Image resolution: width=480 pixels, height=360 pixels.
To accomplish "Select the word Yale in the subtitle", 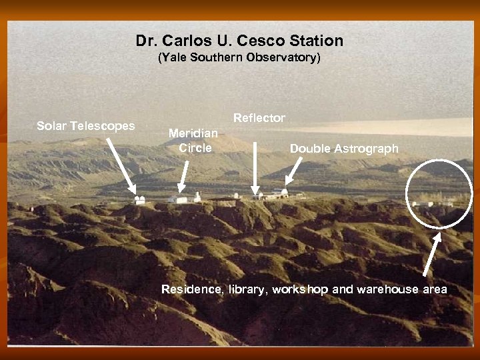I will tap(174, 58).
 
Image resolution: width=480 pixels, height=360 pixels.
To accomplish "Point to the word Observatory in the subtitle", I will tap(282, 58).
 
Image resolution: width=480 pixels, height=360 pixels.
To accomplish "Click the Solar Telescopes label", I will tap(85, 126).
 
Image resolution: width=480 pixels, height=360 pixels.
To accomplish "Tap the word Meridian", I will tap(193, 133).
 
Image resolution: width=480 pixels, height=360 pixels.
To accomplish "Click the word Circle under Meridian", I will tap(195, 148).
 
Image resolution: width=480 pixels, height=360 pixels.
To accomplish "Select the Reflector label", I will tap(259, 118).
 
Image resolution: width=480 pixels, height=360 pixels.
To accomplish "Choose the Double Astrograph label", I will tap(344, 149).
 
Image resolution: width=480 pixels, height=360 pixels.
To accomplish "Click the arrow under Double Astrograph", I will tap(293, 171).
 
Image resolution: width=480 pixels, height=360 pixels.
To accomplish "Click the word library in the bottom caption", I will tap(247, 289).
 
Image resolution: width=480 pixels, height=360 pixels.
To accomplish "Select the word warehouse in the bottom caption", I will tap(387, 289).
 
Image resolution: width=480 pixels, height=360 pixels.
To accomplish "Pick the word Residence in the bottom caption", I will tap(192, 289).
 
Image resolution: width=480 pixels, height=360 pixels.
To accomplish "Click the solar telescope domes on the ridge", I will tap(139, 199).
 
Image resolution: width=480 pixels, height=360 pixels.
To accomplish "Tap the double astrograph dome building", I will tap(282, 193).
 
